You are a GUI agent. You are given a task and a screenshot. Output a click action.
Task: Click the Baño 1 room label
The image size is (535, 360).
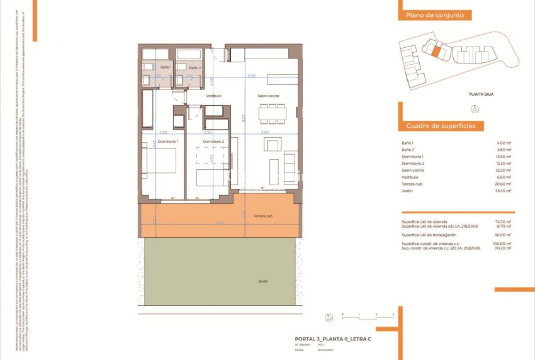pos(166,67)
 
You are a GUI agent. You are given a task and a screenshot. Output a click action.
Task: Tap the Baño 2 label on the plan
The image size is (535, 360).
pos(195,67)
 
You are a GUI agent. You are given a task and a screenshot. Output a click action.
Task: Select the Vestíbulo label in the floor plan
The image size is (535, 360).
pos(213,96)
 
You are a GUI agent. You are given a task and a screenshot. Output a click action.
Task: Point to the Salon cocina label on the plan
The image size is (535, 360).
pos(268,96)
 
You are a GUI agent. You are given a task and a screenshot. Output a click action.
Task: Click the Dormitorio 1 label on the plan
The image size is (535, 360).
pos(168,142)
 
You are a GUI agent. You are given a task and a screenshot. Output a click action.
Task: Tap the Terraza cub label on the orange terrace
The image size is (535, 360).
pos(262,215)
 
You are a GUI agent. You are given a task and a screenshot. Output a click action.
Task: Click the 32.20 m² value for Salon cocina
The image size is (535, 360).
pos(504,171)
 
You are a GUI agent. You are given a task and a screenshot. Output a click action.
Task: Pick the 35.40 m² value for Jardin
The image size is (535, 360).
pos(504,191)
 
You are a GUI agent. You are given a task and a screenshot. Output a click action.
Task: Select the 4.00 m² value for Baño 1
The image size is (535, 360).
pos(504,143)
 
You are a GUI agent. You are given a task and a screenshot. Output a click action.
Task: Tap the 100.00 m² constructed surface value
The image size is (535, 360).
pos(503,244)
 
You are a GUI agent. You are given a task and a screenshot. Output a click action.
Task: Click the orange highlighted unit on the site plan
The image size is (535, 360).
pos(434,48)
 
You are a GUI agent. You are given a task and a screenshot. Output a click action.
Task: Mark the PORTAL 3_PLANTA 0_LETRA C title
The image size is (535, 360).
pos(333,339)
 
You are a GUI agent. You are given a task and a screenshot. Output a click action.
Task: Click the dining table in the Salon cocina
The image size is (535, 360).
pos(273,114)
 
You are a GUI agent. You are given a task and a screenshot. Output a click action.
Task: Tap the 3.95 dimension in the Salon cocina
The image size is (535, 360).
pos(264,133)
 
